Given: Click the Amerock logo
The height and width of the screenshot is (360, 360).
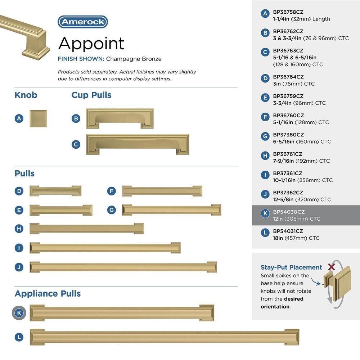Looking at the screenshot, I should pyautogui.click(x=83, y=22).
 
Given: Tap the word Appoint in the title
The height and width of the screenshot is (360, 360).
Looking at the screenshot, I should pyautogui.click(x=91, y=44).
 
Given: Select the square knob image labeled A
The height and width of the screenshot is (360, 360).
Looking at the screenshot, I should pyautogui.click(x=38, y=118).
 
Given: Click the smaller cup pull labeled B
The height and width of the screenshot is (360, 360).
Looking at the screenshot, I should pyautogui.click(x=120, y=118).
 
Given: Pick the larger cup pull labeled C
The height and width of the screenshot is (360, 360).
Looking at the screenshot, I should pyautogui.click(x=138, y=144).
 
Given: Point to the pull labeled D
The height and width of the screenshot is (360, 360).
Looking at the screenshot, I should pyautogui.click(x=55, y=191).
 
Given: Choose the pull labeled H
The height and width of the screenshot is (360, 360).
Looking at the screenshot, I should pyautogui.click(x=86, y=229).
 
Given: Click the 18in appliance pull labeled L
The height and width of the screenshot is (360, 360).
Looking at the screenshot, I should pyautogui.click(x=165, y=337).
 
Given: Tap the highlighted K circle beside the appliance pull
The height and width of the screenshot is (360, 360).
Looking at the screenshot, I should pyautogui.click(x=19, y=313).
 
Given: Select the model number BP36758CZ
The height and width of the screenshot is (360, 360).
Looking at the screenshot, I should pyautogui.click(x=288, y=12).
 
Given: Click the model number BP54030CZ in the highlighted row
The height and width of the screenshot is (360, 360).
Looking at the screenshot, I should pyautogui.click(x=289, y=212).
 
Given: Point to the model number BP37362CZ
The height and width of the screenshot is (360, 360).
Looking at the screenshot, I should pyautogui.click(x=288, y=193).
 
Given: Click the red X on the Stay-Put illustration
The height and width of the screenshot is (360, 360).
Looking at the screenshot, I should pyautogui.click(x=331, y=267).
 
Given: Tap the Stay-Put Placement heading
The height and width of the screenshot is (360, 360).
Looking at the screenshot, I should pyautogui.click(x=291, y=267).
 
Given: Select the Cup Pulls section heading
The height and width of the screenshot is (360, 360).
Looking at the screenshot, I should pyautogui.click(x=91, y=95).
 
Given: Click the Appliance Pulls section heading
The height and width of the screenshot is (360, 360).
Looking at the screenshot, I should pyautogui.click(x=48, y=293).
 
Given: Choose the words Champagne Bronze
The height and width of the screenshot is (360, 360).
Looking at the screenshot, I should pyautogui.click(x=134, y=59).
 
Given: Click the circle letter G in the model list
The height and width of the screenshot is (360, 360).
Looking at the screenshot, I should pyautogui.click(x=265, y=136).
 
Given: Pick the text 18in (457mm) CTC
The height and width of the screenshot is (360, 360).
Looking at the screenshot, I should pyautogui.click(x=296, y=238).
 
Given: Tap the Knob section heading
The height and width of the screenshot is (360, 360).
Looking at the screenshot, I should pyautogui.click(x=26, y=95).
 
